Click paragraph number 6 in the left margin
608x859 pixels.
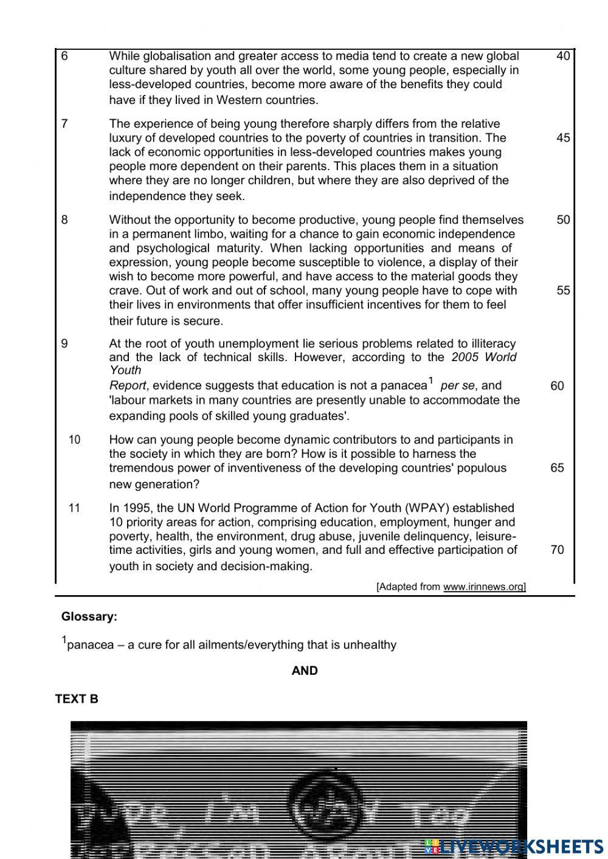[64, 56]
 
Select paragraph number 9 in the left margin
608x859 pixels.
[64, 343]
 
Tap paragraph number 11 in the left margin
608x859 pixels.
[74, 508]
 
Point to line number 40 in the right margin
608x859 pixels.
[563, 56]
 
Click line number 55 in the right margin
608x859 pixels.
[563, 290]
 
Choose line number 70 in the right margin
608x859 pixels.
[557, 550]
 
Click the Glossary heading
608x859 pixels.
[89, 616]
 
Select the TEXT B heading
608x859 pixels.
[77, 699]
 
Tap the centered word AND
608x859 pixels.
[305, 671]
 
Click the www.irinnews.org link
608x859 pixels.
[484, 587]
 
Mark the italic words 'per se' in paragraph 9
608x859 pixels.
[457, 385]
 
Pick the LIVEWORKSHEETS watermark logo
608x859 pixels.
[514, 846]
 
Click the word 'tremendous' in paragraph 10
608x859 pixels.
[139, 468]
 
